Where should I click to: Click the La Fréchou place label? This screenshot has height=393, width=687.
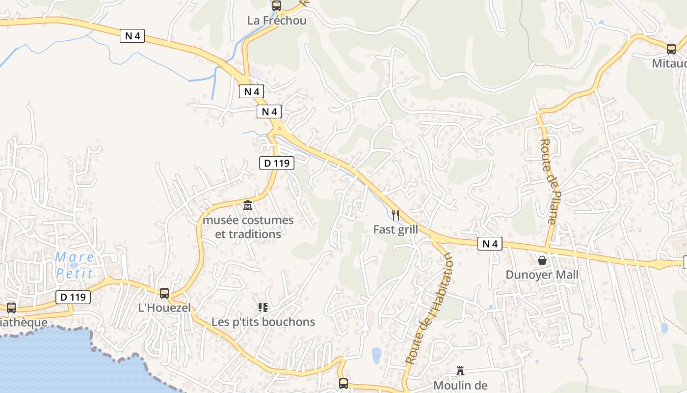pyautogui.click(x=277, y=21)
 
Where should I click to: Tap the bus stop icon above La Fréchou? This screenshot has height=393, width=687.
pyautogui.click(x=277, y=6)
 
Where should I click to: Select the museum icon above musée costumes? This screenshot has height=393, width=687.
pyautogui.click(x=248, y=205)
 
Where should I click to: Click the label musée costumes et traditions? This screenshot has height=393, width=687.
pyautogui.click(x=248, y=227)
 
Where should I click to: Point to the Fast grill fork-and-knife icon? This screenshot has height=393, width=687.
pyautogui.click(x=396, y=215)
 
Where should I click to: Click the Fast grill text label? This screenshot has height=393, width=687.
pyautogui.click(x=396, y=229)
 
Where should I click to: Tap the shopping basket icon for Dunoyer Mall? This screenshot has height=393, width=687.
pyautogui.click(x=542, y=260)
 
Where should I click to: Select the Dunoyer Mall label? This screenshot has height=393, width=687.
pyautogui.click(x=542, y=275)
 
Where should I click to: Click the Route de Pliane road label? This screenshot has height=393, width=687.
pyautogui.click(x=549, y=181)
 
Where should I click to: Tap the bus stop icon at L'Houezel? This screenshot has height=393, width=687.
pyautogui.click(x=164, y=293)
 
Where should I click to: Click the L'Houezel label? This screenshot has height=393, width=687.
pyautogui.click(x=164, y=308)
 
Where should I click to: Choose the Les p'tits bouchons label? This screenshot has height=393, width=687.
pyautogui.click(x=263, y=322)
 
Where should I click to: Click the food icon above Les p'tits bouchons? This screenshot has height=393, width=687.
pyautogui.click(x=263, y=308)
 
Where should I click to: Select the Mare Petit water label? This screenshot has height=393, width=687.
pyautogui.click(x=74, y=265)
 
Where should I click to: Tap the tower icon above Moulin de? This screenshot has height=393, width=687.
pyautogui.click(x=460, y=371)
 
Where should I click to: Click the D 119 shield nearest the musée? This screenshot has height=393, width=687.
pyautogui.click(x=277, y=163)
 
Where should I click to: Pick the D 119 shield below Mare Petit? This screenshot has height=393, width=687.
pyautogui.click(x=73, y=297)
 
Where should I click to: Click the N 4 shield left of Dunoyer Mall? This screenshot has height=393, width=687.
pyautogui.click(x=490, y=244)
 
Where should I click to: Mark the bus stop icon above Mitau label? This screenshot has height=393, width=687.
pyautogui.click(x=671, y=49)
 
